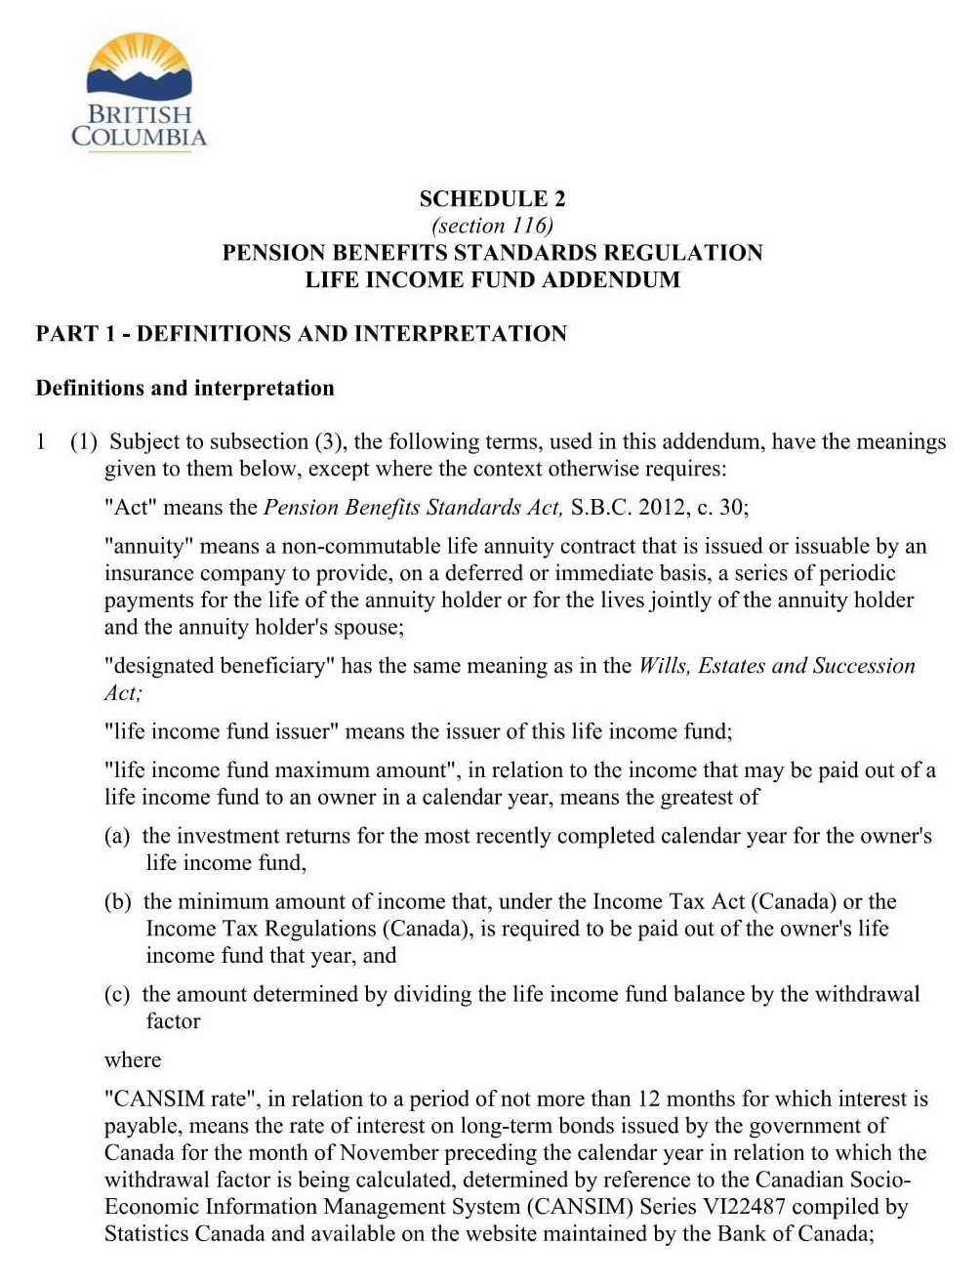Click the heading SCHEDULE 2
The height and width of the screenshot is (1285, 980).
point(492,199)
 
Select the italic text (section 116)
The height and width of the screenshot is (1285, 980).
point(492,226)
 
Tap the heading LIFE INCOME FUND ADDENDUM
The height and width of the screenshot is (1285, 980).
point(492,279)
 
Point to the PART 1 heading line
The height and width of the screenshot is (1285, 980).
point(301,334)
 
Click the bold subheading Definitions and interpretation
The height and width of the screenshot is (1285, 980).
point(184,388)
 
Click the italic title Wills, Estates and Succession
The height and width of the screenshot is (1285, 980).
point(777,666)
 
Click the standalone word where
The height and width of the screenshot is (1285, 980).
point(133,1059)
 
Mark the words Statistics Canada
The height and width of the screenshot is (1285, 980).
point(184,1232)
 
